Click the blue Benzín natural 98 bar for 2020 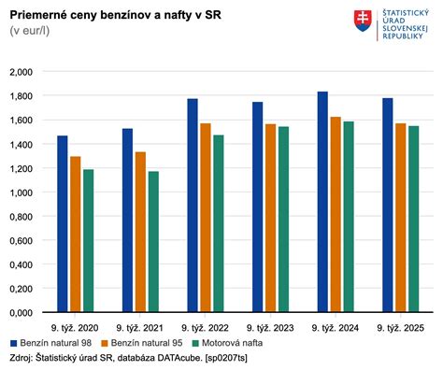pos(63,224)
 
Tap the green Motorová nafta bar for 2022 pos(218,223)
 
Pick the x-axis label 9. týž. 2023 pos(270,329)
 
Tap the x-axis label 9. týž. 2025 pos(400,329)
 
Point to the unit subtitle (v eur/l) pos(31,32)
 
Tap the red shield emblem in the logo pos(361,20)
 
